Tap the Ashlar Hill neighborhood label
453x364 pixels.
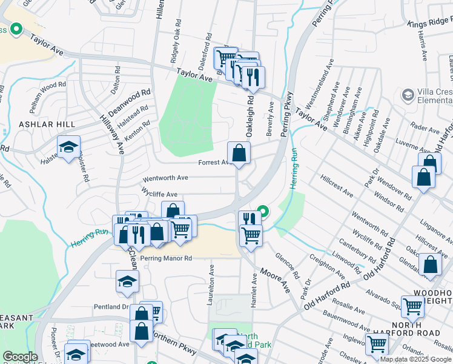(x=38, y=124)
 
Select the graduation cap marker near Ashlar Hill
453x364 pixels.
(x=68, y=147)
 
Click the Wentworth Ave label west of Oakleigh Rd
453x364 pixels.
(x=165, y=178)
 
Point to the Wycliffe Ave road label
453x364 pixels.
(x=159, y=194)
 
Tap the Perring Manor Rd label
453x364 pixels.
(x=165, y=258)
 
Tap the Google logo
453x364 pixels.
(x=20, y=357)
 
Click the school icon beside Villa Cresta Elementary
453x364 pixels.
(x=408, y=95)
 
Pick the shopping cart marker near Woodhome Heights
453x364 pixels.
(x=412, y=306)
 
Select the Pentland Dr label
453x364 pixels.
(x=108, y=307)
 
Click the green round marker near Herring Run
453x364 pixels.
(x=263, y=212)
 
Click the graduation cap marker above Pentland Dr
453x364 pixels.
(x=127, y=281)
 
